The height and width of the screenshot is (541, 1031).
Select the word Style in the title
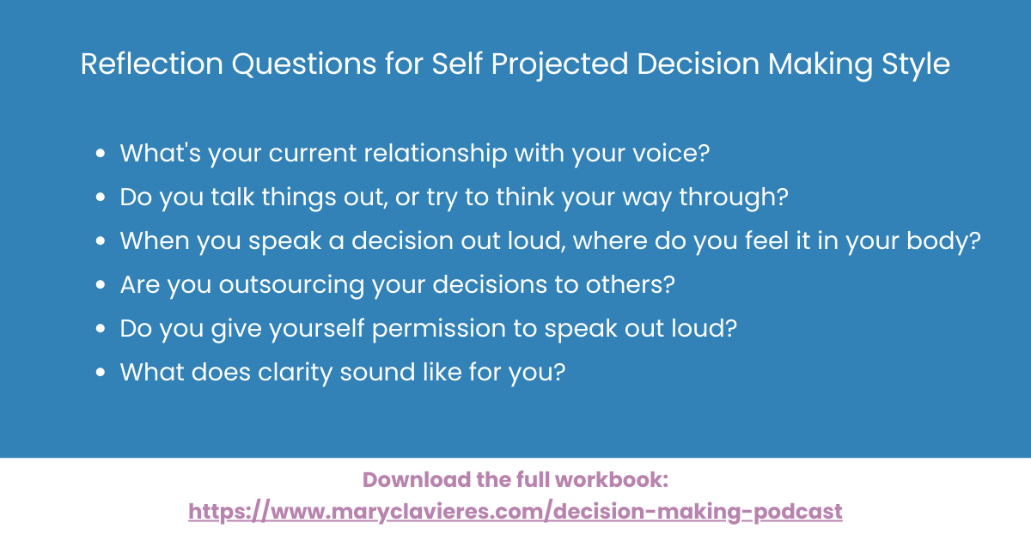click(917, 65)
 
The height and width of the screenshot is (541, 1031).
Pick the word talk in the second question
click(233, 198)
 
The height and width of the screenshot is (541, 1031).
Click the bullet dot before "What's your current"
click(101, 155)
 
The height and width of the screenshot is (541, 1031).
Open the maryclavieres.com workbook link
click(515, 512)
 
